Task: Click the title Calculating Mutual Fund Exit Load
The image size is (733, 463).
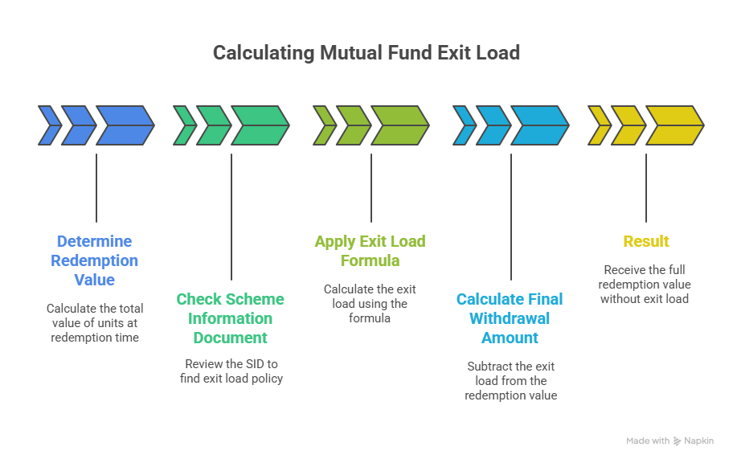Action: (366, 53)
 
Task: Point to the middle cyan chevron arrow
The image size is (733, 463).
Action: (491, 125)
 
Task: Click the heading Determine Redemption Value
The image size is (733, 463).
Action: (95, 260)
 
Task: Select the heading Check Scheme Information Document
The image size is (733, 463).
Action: (231, 318)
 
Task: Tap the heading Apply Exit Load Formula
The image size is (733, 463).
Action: (370, 251)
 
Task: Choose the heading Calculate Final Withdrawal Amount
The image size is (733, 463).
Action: (510, 318)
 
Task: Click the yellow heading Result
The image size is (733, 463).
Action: (646, 241)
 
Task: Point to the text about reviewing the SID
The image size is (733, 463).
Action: (231, 371)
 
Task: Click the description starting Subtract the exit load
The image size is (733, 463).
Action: (510, 380)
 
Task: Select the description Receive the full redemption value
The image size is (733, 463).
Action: (645, 284)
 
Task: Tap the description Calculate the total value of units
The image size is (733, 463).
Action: (95, 322)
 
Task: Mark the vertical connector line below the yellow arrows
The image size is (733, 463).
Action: (646, 186)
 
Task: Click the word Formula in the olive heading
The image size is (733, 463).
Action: (370, 260)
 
